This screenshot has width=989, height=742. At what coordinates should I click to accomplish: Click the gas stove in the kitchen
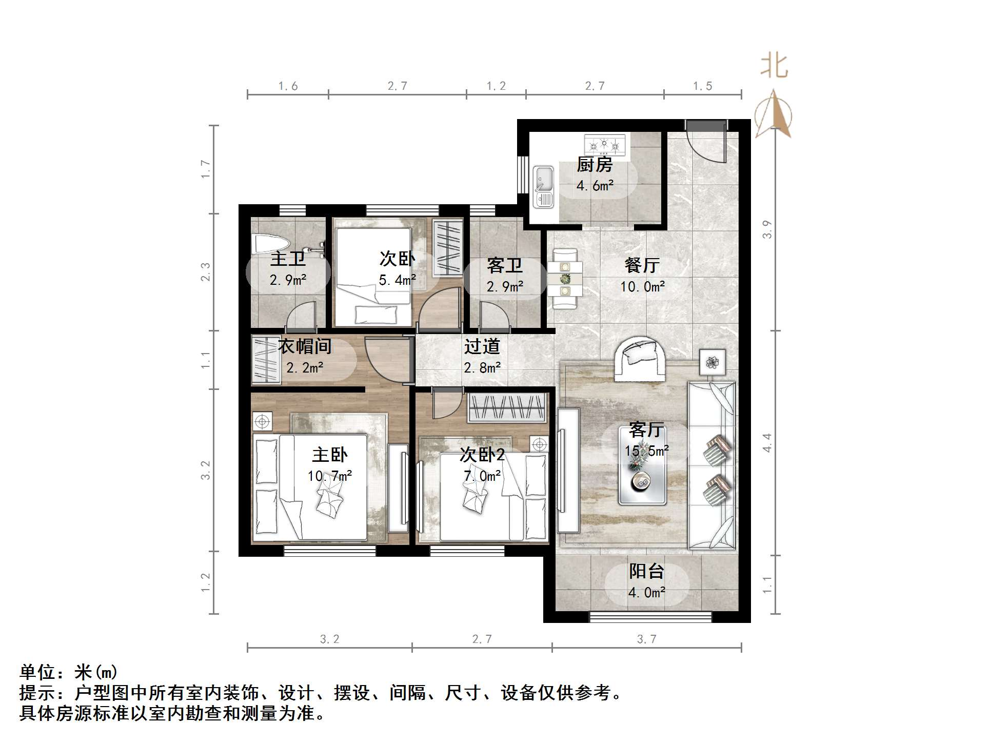pyautogui.click(x=605, y=145)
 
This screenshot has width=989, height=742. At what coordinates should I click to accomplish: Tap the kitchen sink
pyautogui.click(x=543, y=187)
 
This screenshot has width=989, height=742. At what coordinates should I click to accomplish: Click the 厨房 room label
pyautogui.click(x=595, y=165)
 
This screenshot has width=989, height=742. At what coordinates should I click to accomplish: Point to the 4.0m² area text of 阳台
pyautogui.click(x=646, y=593)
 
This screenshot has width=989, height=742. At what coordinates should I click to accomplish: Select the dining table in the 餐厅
pyautogui.click(x=565, y=279)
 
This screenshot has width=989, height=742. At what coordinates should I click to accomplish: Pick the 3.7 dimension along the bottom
pyautogui.click(x=646, y=639)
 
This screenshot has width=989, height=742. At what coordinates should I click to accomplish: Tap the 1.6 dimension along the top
pyautogui.click(x=288, y=86)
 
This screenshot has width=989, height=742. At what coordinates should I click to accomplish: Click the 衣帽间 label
pyautogui.click(x=305, y=346)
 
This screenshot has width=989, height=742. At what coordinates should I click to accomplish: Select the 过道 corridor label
pyautogui.click(x=482, y=347)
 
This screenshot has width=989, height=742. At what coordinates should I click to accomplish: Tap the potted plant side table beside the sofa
pyautogui.click(x=713, y=362)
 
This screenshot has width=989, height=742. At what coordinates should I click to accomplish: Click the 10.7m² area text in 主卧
pyautogui.click(x=329, y=476)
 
